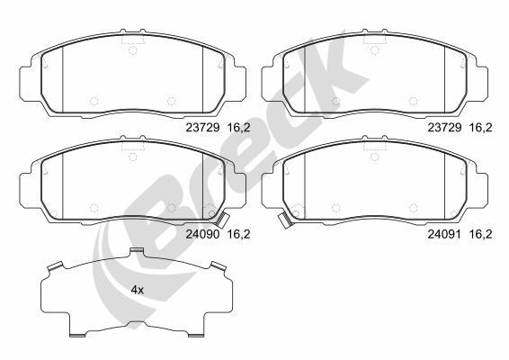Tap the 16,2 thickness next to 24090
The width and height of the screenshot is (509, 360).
point(238,234)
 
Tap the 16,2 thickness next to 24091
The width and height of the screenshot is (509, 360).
point(481,234)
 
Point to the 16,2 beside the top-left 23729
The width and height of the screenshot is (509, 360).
point(238,128)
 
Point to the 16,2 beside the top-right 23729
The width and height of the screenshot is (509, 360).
point(481,128)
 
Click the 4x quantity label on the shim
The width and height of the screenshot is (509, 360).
point(137,290)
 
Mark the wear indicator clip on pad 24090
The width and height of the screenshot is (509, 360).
point(223,220)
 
